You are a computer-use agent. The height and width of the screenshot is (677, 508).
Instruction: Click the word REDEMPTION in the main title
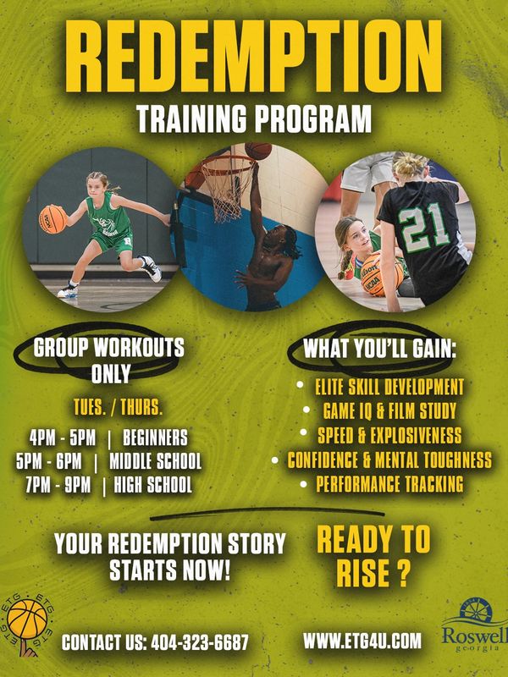(x=253, y=56)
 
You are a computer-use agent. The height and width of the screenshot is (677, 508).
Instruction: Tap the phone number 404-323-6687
(x=200, y=642)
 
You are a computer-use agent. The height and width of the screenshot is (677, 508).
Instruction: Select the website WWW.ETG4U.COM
(x=362, y=641)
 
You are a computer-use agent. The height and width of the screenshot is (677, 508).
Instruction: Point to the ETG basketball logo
(x=28, y=625)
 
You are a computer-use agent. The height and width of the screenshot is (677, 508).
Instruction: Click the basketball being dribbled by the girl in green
(x=52, y=219)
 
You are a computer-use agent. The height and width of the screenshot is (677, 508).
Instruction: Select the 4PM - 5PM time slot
(x=63, y=438)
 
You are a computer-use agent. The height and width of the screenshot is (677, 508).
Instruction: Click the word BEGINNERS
(x=155, y=438)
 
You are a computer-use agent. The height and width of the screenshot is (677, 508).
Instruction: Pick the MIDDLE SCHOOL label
(x=155, y=461)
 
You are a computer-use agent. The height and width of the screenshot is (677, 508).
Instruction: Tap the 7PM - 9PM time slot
(x=58, y=485)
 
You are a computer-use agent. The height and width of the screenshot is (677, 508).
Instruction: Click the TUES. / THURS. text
(x=118, y=407)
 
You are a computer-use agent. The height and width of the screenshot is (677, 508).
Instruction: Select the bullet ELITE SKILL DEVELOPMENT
(x=389, y=388)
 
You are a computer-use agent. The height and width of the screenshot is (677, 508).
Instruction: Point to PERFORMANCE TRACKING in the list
(x=389, y=484)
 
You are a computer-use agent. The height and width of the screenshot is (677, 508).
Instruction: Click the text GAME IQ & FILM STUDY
(x=389, y=410)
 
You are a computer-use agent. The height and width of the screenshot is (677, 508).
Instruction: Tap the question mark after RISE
(x=403, y=574)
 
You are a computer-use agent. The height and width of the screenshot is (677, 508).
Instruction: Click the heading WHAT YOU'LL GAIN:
(x=379, y=349)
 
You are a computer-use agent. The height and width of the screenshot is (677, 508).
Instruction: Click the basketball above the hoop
(x=258, y=151)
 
